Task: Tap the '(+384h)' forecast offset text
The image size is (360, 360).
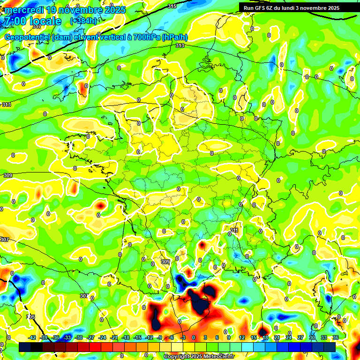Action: [x=83, y=21]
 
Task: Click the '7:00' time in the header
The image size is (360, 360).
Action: [x=15, y=21]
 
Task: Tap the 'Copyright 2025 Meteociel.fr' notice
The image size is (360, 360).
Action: [x=198, y=356]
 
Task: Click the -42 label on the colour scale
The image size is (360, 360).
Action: [x=32, y=337]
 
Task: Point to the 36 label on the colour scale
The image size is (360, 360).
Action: [x=336, y=337]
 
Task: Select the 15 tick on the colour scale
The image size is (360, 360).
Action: [x=254, y=337]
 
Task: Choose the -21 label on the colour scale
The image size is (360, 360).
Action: [x=114, y=337]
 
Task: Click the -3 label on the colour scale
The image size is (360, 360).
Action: [x=184, y=337]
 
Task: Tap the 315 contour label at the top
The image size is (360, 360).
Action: [x=172, y=6]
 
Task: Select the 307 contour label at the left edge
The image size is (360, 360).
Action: [x=5, y=240]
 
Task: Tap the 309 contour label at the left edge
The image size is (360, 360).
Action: [x=7, y=175]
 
